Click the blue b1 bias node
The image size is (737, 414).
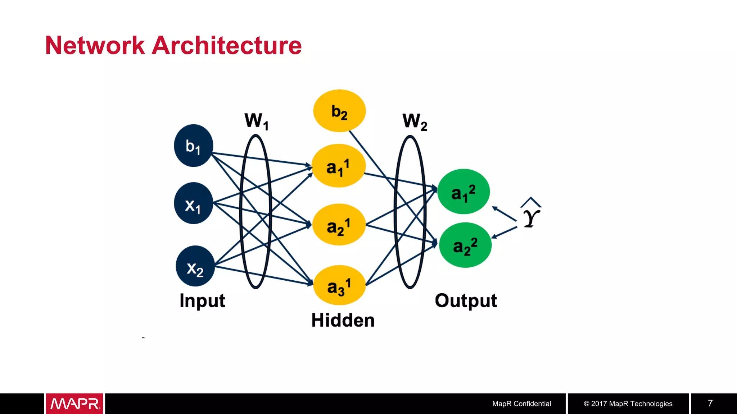[194, 146]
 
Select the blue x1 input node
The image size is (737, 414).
[194, 203]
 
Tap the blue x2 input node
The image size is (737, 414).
[195, 266]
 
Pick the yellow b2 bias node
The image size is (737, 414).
[339, 111]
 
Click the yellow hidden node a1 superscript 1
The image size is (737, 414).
[339, 166]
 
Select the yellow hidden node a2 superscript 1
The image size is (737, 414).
[339, 225]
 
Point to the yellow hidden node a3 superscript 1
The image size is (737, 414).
[339, 285]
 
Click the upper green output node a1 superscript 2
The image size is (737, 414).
[464, 192]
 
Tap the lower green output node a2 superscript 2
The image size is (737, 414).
[465, 245]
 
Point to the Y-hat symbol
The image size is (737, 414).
[531, 214]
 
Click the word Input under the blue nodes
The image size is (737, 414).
[202, 300]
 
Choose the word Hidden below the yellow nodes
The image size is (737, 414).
[343, 320]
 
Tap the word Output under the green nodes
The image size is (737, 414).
[466, 300]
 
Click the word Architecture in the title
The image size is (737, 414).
[227, 46]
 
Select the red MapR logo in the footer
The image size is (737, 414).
[74, 404]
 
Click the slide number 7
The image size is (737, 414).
[710, 403]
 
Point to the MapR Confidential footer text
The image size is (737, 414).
[521, 404]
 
